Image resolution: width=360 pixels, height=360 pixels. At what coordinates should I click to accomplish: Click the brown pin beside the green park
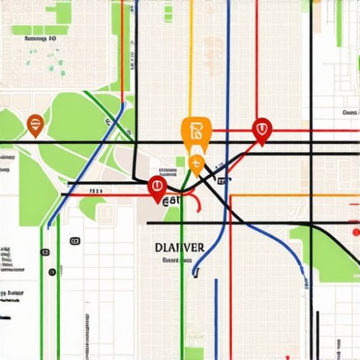click(x=34, y=125)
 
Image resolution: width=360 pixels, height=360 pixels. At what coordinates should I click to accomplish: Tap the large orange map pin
click(x=196, y=132)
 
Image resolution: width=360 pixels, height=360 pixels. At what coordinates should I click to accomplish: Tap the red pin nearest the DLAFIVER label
click(x=157, y=189)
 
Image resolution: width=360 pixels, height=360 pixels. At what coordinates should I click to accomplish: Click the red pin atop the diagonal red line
click(x=262, y=130)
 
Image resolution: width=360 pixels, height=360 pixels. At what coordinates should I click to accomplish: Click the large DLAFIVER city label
click(x=179, y=247)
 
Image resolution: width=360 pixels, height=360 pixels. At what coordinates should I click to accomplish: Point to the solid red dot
click(x=355, y=232)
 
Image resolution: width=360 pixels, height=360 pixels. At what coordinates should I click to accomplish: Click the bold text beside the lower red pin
click(x=172, y=202)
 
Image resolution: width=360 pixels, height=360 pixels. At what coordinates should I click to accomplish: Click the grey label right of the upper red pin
click(x=351, y=113)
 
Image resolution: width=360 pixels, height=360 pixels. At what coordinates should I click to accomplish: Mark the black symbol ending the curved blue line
click(x=194, y=272)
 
